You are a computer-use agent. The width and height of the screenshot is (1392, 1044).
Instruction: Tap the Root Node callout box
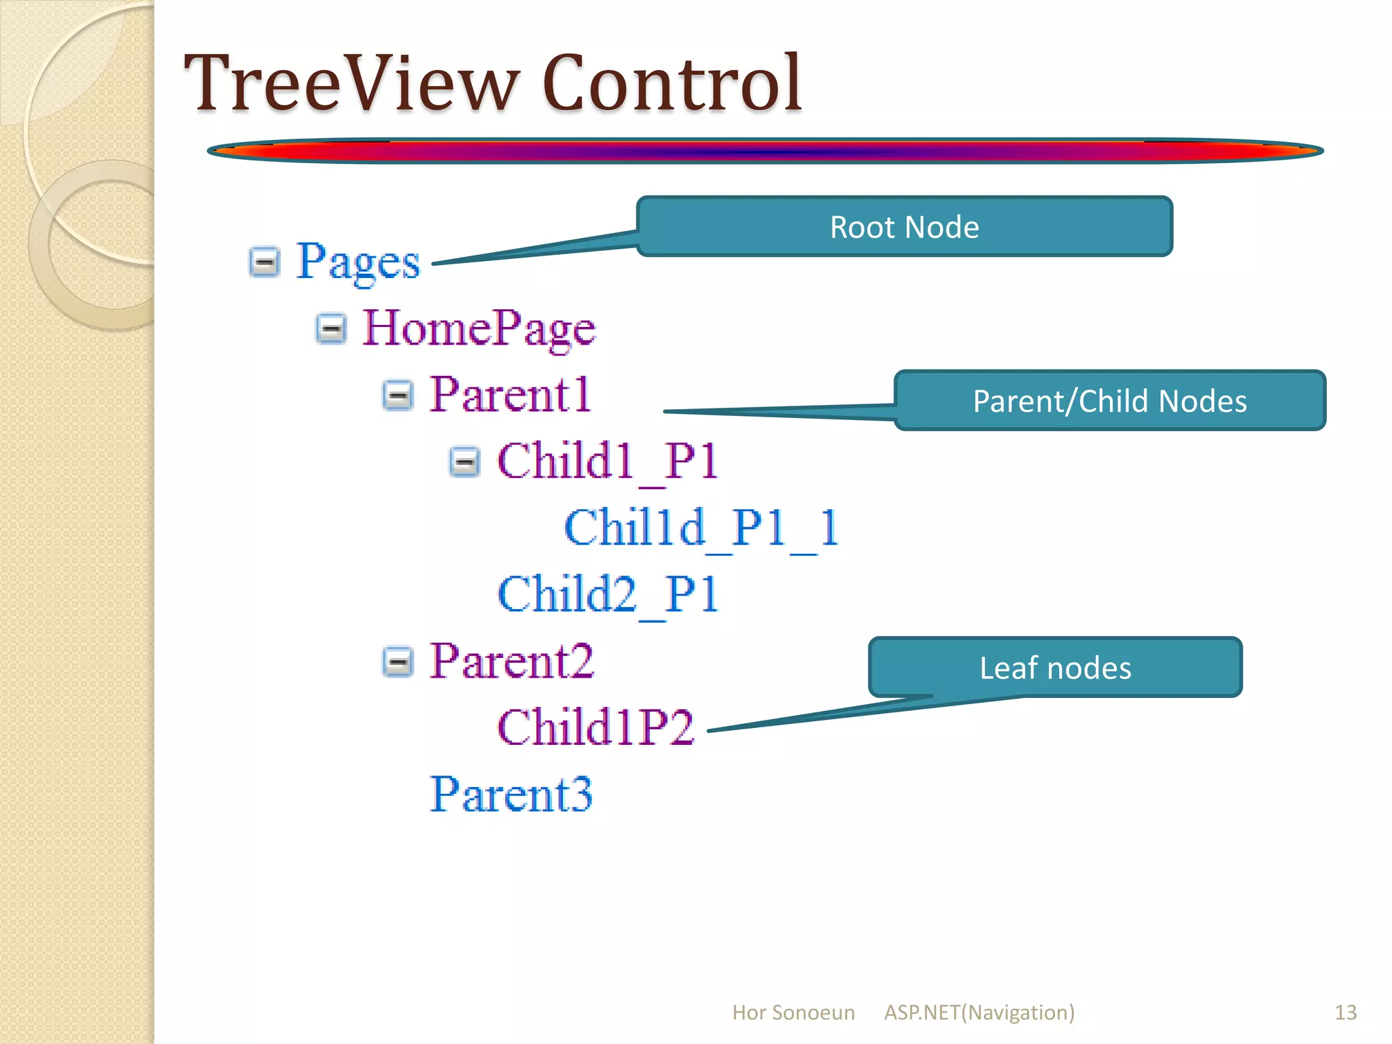pyautogui.click(x=904, y=227)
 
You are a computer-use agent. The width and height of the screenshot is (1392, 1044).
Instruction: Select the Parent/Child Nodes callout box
pyautogui.click(x=1109, y=401)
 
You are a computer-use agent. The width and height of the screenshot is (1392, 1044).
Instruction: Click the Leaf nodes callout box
pyautogui.click(x=1055, y=667)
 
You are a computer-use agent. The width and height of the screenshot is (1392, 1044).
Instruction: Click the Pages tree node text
pyautogui.click(x=358, y=262)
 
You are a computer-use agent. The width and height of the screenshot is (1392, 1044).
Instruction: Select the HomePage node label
pyautogui.click(x=479, y=328)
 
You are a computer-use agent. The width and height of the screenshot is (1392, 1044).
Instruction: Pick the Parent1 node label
pyautogui.click(x=510, y=394)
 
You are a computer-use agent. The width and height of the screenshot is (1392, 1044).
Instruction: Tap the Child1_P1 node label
pyautogui.click(x=608, y=462)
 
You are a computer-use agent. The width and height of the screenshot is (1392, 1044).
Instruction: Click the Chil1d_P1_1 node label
pyautogui.click(x=701, y=527)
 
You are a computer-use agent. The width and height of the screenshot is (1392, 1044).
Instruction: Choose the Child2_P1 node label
pyautogui.click(x=608, y=594)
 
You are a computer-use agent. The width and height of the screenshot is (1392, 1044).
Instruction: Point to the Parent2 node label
pyautogui.click(x=512, y=661)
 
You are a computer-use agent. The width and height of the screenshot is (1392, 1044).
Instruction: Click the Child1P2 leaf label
pyautogui.click(x=595, y=727)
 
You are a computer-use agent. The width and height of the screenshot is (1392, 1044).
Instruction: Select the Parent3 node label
pyautogui.click(x=511, y=794)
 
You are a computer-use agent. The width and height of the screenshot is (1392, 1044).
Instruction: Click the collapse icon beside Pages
pyautogui.click(x=264, y=262)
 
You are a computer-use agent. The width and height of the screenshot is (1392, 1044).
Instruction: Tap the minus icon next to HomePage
pyautogui.click(x=331, y=328)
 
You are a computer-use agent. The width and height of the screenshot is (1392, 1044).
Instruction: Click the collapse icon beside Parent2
pyautogui.click(x=398, y=661)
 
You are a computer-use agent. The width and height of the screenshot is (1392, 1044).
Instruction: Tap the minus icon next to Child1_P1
pyautogui.click(x=464, y=462)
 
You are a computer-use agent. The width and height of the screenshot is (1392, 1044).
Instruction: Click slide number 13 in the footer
pyautogui.click(x=1345, y=1013)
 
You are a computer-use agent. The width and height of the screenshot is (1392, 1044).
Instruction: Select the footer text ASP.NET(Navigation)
pyautogui.click(x=979, y=1013)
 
